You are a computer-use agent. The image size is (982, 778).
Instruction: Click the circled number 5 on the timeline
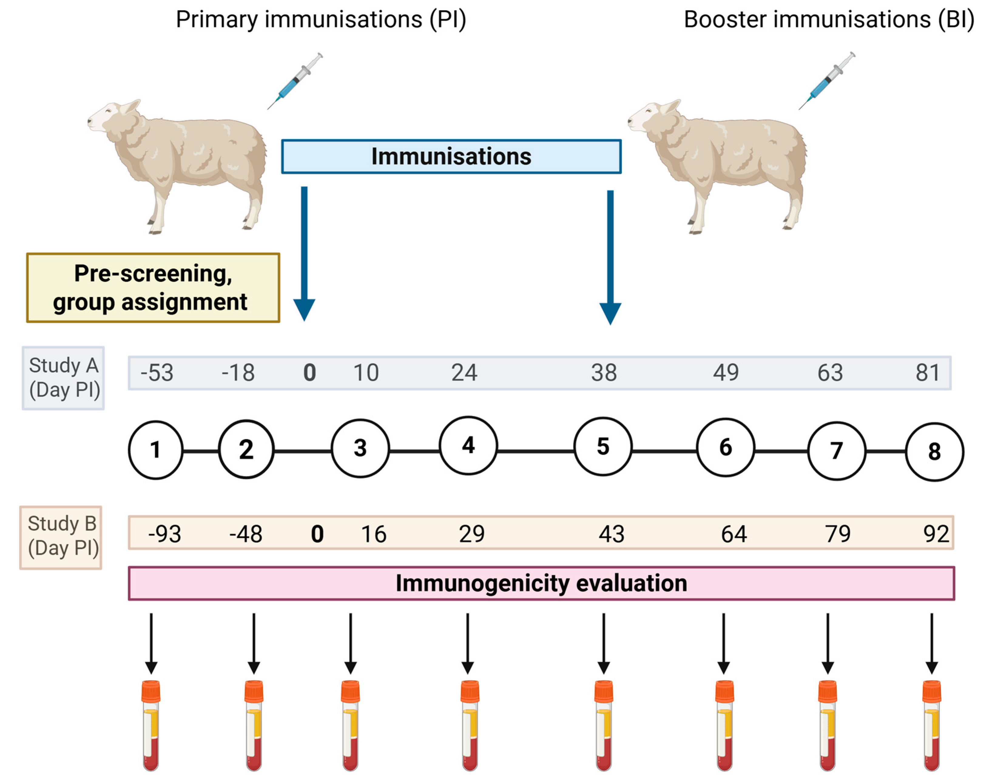[603, 447]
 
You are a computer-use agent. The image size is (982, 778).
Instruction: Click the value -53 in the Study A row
[157, 372]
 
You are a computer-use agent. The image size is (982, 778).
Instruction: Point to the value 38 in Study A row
[604, 372]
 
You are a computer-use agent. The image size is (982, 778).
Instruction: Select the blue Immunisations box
[451, 156]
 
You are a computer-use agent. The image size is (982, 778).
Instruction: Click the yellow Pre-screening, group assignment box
[153, 287]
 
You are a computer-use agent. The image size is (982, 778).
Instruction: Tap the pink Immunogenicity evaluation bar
[541, 583]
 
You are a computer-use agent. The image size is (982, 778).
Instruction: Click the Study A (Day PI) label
[64, 378]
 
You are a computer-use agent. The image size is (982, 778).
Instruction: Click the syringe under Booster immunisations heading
[827, 81]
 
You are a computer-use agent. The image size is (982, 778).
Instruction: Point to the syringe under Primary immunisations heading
[295, 81]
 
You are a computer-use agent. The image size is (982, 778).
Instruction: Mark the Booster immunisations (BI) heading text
[828, 20]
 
